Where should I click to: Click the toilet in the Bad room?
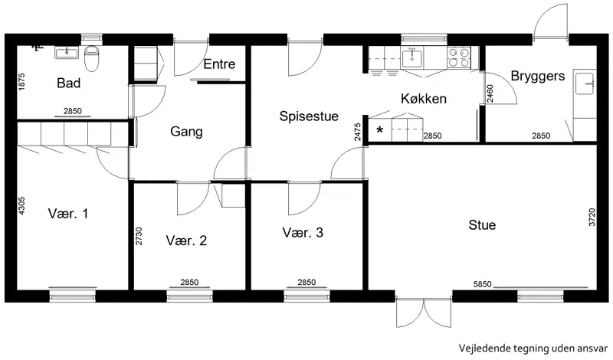pyautogui.click(x=92, y=59)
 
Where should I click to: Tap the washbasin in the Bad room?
pyautogui.click(x=67, y=52)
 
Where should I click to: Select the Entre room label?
pyautogui.click(x=219, y=64)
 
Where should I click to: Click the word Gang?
pyautogui.click(x=186, y=132)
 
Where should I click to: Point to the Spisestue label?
pyautogui.click(x=309, y=116)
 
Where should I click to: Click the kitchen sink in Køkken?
pyautogui.click(x=411, y=58)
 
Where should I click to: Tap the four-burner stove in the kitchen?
pyautogui.click(x=459, y=57)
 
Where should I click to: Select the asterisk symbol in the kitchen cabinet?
pyautogui.click(x=379, y=129)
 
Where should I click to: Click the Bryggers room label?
pyautogui.click(x=538, y=76)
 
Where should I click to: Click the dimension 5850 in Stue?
pyautogui.click(x=482, y=284)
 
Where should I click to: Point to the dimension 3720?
pyautogui.click(x=592, y=217)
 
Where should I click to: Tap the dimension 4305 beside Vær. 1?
pyautogui.click(x=21, y=205)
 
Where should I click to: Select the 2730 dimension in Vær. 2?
pyautogui.click(x=139, y=236)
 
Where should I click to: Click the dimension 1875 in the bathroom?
pyautogui.click(x=21, y=82)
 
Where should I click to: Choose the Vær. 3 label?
pyautogui.click(x=303, y=233)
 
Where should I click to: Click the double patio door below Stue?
pyautogui.click(x=424, y=312)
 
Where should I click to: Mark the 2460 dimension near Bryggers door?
pyautogui.click(x=490, y=93)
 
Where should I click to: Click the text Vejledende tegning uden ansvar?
pyautogui.click(x=533, y=348)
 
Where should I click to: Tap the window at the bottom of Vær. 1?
pyautogui.click(x=73, y=296)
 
